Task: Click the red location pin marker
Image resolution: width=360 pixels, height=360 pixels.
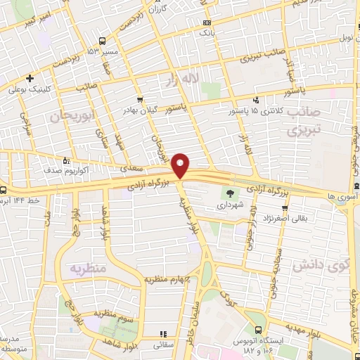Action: click(181, 165)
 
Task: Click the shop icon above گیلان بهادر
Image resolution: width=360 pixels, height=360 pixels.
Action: click(141, 100)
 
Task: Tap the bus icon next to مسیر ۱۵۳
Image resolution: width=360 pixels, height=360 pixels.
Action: click(103, 40)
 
